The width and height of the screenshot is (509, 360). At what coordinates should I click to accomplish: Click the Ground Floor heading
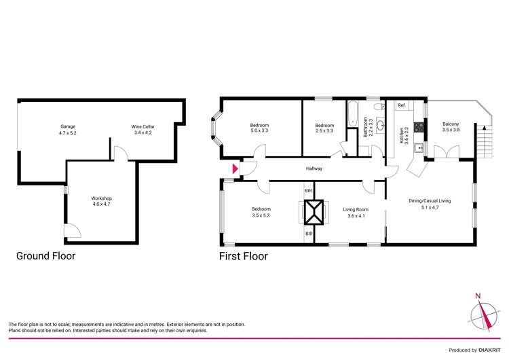pos(45,256)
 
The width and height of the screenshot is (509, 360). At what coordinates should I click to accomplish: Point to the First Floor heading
pos(243,256)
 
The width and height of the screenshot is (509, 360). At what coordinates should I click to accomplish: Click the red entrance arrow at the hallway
pos(235,168)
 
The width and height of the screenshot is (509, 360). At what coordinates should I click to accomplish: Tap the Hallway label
pos(314,168)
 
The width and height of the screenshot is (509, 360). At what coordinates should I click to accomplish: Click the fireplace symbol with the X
pos(314,213)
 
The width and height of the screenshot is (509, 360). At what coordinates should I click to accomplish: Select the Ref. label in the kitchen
pos(402,105)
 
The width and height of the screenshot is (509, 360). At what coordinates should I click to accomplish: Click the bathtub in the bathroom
pos(351,113)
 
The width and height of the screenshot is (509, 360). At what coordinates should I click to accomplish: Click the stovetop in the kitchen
pos(419,126)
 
